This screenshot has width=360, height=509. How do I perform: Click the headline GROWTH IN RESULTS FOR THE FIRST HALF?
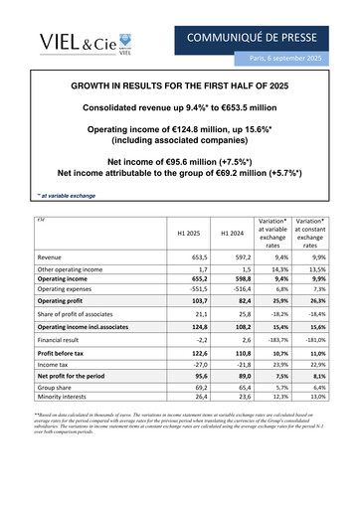click(x=179, y=88)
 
